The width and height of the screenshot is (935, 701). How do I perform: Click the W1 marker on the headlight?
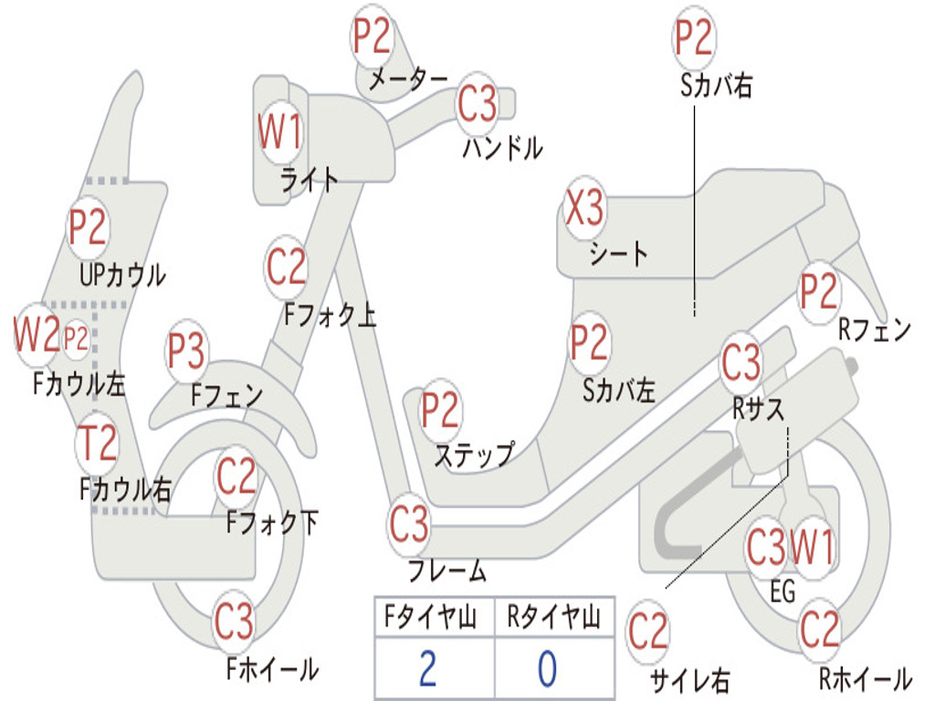280,131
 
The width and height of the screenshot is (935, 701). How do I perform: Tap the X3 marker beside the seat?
584,208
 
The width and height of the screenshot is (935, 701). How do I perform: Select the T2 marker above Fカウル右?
97,444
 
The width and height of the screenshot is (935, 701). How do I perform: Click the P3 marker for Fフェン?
186,350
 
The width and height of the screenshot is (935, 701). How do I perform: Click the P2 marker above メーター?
373,37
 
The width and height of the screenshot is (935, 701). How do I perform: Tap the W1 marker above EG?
812,547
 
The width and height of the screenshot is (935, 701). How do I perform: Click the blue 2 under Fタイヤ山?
427,669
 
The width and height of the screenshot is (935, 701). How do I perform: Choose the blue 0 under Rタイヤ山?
548,669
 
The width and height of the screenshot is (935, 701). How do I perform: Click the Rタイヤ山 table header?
554,617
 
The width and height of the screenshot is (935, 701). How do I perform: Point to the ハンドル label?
503,148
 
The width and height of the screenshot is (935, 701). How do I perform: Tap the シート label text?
618,254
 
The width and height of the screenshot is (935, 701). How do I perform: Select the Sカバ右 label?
716,85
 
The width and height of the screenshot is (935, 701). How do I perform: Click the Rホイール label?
866,678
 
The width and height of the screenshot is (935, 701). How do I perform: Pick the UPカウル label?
123,275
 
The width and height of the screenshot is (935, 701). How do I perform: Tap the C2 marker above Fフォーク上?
287,267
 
